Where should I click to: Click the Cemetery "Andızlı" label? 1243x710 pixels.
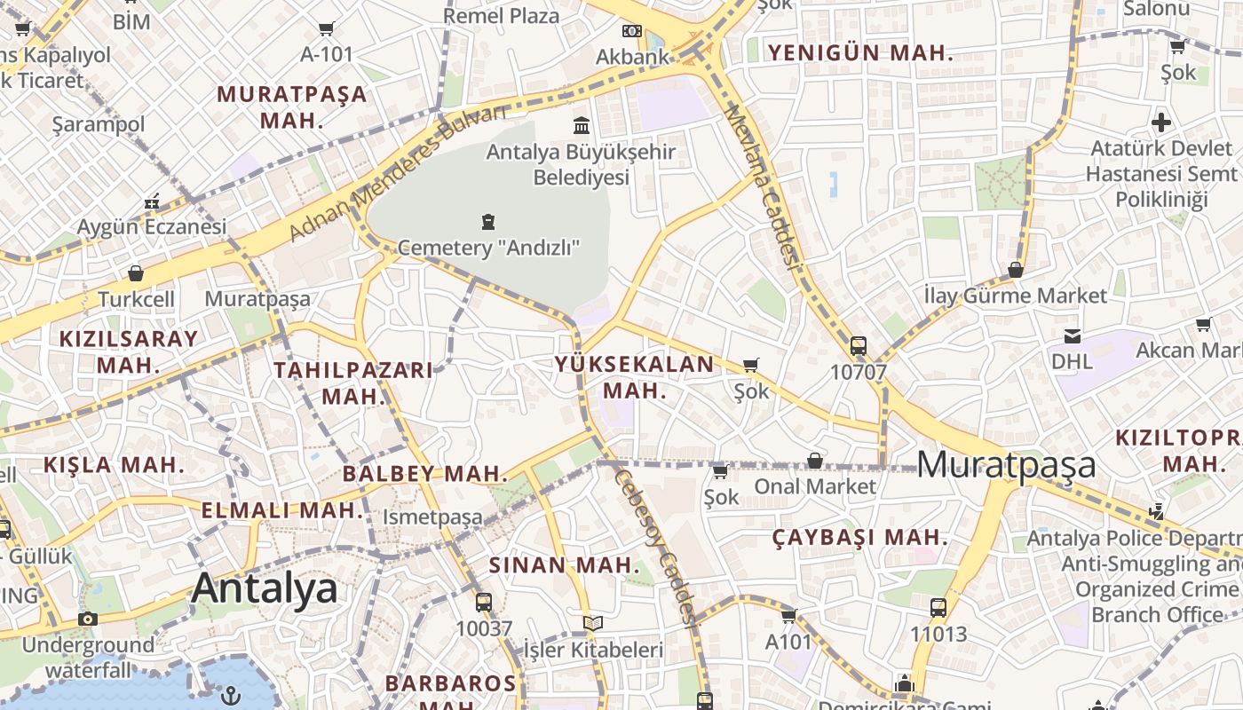pos(488,248)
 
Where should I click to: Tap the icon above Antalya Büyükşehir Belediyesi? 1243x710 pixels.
pos(582,125)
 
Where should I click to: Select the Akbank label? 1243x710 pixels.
pos(632,57)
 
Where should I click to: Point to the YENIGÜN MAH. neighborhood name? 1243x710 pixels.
pos(860,53)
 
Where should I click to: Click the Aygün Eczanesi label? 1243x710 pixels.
pos(152,227)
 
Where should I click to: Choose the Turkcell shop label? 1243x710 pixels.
pos(136,299)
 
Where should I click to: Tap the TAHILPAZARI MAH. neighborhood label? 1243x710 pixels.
pos(353,383)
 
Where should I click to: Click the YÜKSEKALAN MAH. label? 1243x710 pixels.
pos(634,377)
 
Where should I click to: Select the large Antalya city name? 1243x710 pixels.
pos(265,588)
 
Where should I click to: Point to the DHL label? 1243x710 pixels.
pos(1072,361)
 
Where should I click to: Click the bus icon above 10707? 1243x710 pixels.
pos(858,346)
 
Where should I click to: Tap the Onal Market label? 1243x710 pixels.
pos(815,486)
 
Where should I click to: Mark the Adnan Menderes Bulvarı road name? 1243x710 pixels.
pos(397,174)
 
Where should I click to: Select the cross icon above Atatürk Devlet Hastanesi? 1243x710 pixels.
pos(1160,122)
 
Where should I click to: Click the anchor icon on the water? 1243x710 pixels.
pos(231,695)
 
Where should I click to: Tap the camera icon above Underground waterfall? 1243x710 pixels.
pos(87,619)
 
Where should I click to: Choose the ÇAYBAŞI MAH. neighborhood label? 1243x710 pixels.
pos(859,538)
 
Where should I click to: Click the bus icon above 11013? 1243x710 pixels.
pos(938,608)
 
